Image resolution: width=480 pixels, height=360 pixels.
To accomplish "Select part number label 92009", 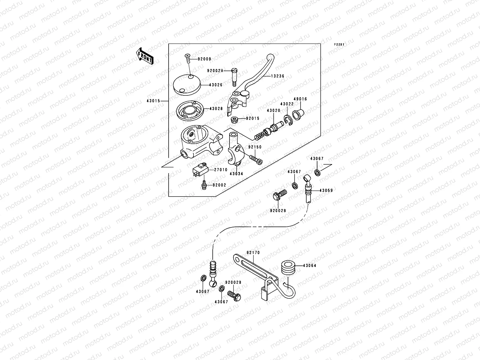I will [x=204, y=59].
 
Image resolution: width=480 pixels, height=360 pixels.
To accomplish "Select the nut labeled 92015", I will [x=235, y=120].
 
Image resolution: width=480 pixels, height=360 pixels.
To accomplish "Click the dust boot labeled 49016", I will [x=298, y=114].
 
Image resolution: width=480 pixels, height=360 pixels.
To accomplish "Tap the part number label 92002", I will [x=219, y=185].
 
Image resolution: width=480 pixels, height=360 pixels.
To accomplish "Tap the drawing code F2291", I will [x=340, y=44].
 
